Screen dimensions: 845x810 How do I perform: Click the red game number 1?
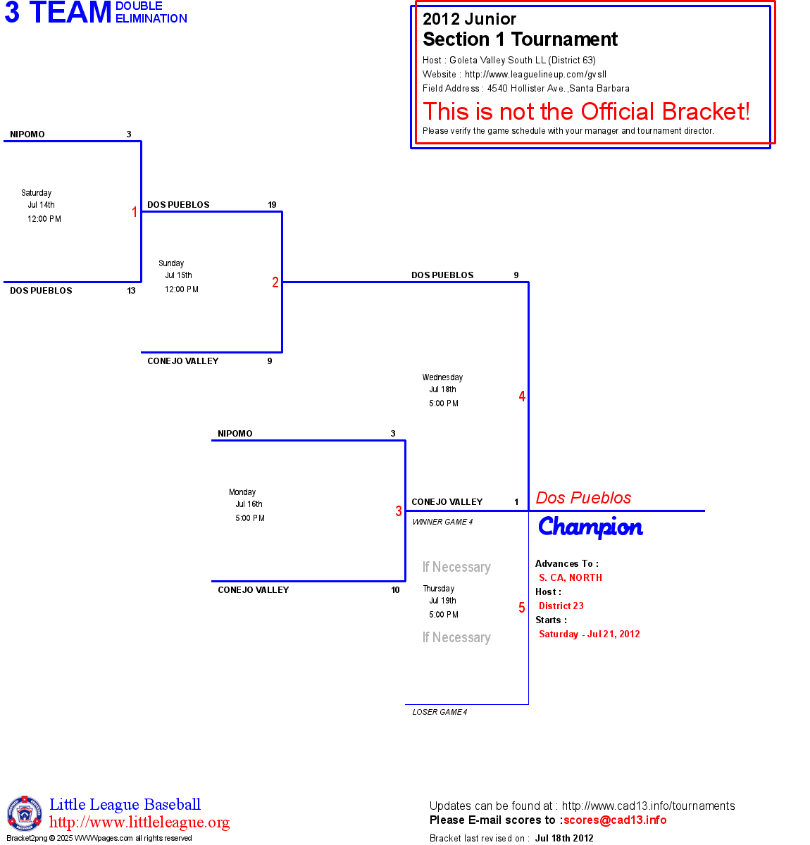pyautogui.click(x=135, y=212)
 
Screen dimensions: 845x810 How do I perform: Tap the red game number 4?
pyautogui.click(x=522, y=396)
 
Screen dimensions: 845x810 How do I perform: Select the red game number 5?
pyautogui.click(x=522, y=608)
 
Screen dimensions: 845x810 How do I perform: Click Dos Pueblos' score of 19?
pyautogui.click(x=272, y=205)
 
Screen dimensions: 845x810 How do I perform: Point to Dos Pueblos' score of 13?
pyautogui.click(x=131, y=291)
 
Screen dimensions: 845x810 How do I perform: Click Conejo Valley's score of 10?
pyautogui.click(x=395, y=590)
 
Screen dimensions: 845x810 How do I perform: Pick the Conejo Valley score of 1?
pyautogui.click(x=516, y=502)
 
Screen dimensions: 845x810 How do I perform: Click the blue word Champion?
pyautogui.click(x=590, y=527)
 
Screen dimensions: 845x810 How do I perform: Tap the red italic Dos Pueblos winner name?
pyautogui.click(x=583, y=498)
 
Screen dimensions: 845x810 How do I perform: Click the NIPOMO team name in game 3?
pyautogui.click(x=235, y=434)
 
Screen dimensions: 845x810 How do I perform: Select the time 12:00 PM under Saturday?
pyautogui.click(x=44, y=219)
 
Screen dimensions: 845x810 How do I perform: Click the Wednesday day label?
pyautogui.click(x=442, y=377)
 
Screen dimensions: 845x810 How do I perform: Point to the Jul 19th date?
pyautogui.click(x=442, y=601)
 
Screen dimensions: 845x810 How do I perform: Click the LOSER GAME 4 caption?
pyautogui.click(x=440, y=712)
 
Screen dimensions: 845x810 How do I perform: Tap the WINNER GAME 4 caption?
pyautogui.click(x=442, y=522)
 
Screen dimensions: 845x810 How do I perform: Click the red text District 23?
pyautogui.click(x=561, y=606)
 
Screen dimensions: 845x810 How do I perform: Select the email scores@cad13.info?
pyautogui.click(x=615, y=820)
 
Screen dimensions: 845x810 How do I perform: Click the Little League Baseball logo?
pyautogui.click(x=25, y=813)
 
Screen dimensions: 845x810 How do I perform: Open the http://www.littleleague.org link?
pyautogui.click(x=139, y=822)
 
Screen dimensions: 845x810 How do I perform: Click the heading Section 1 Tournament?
pyautogui.click(x=520, y=39)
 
